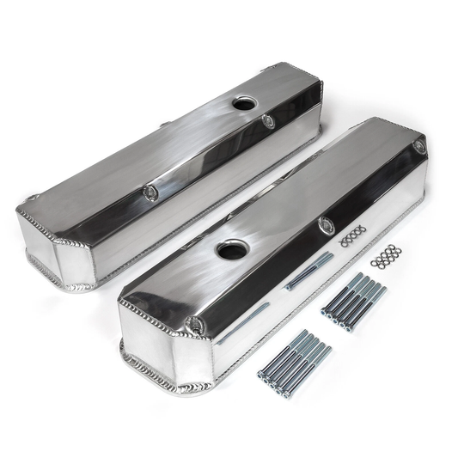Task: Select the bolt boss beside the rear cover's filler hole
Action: [x=269, y=121]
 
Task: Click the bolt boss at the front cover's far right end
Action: [x=418, y=148]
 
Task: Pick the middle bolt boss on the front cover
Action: [x=327, y=225]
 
